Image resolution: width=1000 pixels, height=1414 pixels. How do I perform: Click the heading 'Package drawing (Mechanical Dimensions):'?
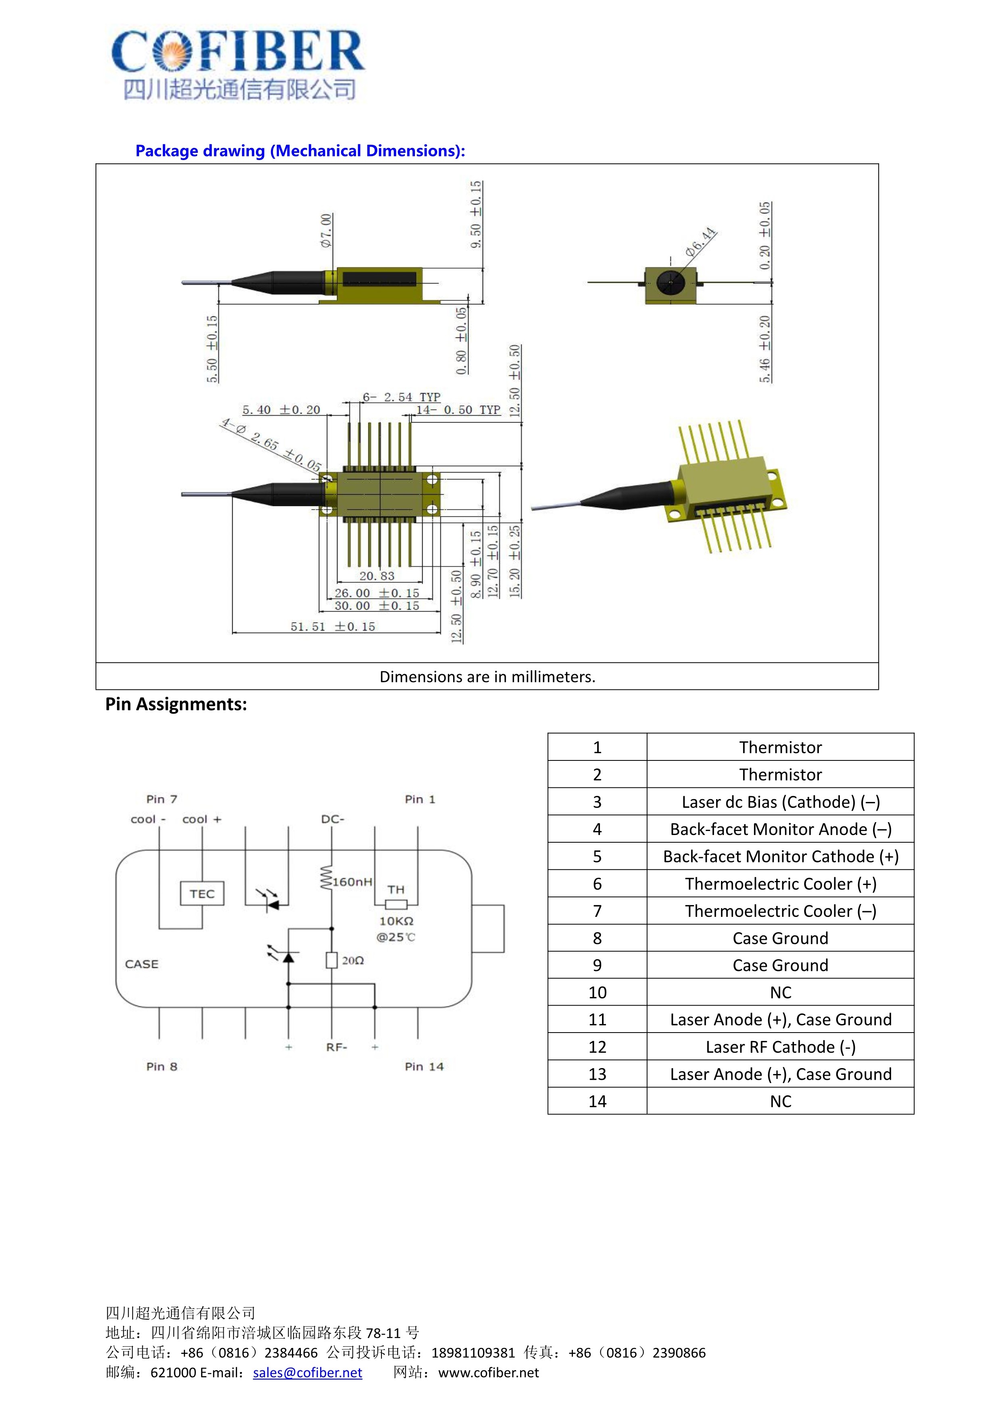coord(300,151)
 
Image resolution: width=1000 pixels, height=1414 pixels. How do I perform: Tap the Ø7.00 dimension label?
coord(326,230)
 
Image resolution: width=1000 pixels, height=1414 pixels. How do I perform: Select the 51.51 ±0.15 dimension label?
coord(333,626)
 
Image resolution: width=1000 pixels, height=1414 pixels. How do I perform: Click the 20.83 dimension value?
coord(377,576)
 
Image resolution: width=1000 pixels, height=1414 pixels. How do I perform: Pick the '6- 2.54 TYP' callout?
coord(402,397)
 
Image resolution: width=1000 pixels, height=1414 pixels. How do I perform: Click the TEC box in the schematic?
coord(202,893)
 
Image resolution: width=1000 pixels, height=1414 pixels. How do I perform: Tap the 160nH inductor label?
coord(352,882)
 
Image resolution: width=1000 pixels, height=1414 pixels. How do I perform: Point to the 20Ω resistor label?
coord(353,960)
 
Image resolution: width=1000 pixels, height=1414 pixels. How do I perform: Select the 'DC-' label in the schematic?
coord(333,819)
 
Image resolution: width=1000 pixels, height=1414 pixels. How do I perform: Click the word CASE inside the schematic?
coord(142,964)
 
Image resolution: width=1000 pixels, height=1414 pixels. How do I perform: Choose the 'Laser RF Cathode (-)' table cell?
coord(780,1047)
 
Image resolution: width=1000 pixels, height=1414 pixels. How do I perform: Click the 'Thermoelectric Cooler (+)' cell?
coord(780,884)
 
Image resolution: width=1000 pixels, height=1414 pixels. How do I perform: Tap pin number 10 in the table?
coord(597,992)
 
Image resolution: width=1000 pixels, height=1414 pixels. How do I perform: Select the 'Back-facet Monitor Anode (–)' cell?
coord(780,829)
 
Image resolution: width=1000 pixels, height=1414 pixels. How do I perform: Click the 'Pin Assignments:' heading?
coord(176,704)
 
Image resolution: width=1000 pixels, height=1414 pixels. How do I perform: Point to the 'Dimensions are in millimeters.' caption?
coord(487,677)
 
